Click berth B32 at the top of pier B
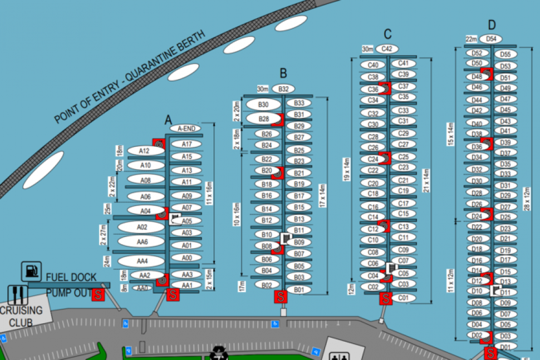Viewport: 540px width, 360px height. tap(283, 89)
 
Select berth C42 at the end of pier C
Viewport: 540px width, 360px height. tap(387, 49)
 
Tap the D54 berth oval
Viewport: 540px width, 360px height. tap(490, 38)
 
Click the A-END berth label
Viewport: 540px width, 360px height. tap(185, 129)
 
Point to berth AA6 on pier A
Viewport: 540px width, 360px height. tap(141, 242)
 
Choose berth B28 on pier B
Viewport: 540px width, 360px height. tap(263, 119)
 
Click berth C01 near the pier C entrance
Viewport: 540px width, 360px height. tap(404, 298)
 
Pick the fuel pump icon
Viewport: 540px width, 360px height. tap(31, 272)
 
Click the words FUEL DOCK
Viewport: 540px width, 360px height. tap(71, 277)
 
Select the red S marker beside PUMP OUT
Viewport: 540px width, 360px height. tap(99, 295)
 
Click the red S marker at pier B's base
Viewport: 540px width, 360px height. tap(281, 297)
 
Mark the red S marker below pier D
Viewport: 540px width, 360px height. tap(490, 353)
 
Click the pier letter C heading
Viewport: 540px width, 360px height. tap(387, 33)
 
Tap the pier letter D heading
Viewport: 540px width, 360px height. tap(492, 24)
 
